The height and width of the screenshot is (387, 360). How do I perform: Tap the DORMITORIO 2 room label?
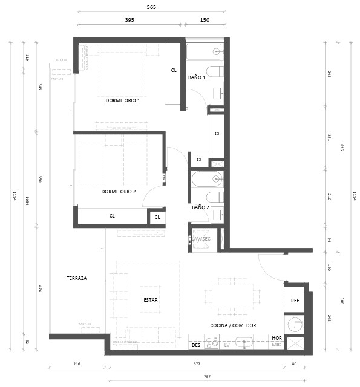pyautogui.click(x=119, y=192)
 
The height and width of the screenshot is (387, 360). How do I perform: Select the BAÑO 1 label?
pyautogui.click(x=197, y=77)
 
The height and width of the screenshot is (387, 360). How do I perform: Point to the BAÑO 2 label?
pyautogui.click(x=200, y=207)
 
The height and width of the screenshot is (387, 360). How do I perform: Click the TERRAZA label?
pyautogui.click(x=77, y=278)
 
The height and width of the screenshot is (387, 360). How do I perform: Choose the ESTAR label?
pyautogui.click(x=151, y=299)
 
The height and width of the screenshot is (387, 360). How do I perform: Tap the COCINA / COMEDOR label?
pyautogui.click(x=233, y=325)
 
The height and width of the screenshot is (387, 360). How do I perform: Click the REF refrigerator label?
pyautogui.click(x=295, y=301)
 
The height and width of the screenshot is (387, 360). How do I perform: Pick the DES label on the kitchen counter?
pyautogui.click(x=195, y=345)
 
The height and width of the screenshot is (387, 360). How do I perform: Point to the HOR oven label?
pyautogui.click(x=277, y=338)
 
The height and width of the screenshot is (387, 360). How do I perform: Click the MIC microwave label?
pyautogui.click(x=277, y=345)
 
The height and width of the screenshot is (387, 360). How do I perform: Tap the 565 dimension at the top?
pyautogui.click(x=151, y=7)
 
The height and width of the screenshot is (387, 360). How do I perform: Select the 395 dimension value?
pyautogui.click(x=129, y=20)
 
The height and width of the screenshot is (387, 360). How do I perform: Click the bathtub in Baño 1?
pyautogui.click(x=205, y=51)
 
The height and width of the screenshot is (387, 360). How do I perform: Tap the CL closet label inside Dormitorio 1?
pyautogui.click(x=174, y=70)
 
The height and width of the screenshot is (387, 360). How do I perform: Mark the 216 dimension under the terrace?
pyautogui.click(x=76, y=364)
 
